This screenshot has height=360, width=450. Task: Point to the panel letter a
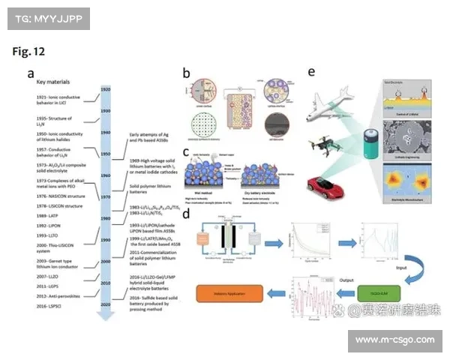pos(31,73)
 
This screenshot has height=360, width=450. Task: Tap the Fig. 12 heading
pos(29,52)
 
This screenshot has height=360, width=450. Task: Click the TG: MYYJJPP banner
pos(46,18)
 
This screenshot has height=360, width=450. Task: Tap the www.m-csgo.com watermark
pos(394,340)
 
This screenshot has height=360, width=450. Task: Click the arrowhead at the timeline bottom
pos(106,316)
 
